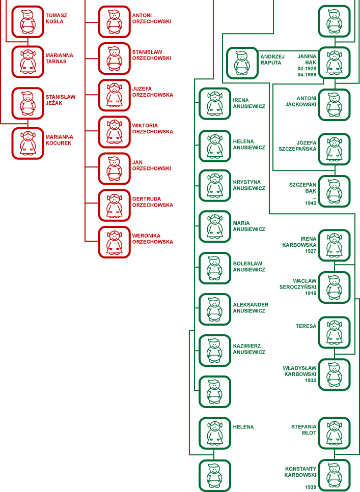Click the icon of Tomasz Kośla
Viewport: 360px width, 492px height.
click(27, 21)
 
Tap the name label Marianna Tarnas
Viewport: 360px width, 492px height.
click(59, 59)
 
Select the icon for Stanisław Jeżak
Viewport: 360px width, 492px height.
click(27, 102)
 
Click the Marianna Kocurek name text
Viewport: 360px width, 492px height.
click(59, 140)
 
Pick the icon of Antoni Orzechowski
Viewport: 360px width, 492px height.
click(114, 21)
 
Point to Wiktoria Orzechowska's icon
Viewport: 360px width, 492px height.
click(114, 132)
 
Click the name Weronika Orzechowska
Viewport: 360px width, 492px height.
click(152, 239)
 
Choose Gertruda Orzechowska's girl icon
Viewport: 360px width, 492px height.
click(114, 205)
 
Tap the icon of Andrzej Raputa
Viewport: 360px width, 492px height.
click(242, 63)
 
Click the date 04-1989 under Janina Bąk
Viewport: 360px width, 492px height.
click(307, 75)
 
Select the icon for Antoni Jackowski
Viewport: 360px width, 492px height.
click(334, 105)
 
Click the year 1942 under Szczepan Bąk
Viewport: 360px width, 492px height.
click(311, 203)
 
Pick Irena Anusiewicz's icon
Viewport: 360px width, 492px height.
click(214, 104)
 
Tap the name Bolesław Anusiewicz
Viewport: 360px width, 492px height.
click(249, 267)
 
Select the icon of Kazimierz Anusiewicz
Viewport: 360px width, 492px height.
click(214, 350)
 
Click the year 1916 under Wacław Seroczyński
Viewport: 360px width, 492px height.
click(311, 293)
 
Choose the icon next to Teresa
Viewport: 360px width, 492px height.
click(334, 332)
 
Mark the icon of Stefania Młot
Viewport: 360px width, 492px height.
click(334, 433)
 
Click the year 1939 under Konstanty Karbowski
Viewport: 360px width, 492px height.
click(311, 487)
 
